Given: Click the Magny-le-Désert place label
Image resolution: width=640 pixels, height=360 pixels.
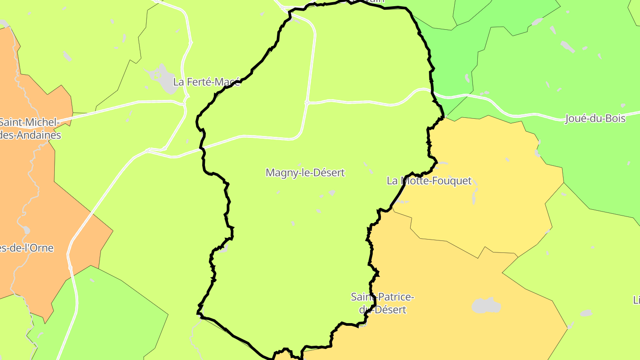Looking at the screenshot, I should tap(305, 172).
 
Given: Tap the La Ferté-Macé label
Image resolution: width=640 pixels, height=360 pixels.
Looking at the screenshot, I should tap(206, 82).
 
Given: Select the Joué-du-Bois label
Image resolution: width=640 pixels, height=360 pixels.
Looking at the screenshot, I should tap(595, 119).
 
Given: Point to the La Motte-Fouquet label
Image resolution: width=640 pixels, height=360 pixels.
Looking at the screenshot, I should tap(429, 181).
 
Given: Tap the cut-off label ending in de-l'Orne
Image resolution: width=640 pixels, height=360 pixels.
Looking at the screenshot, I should tap(27, 248).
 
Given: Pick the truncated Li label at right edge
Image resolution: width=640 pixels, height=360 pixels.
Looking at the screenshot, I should tap(636, 300).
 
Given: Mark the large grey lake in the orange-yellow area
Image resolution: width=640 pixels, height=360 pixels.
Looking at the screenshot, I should tap(486, 306).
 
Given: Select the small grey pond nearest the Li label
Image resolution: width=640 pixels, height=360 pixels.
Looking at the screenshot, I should tap(586, 313).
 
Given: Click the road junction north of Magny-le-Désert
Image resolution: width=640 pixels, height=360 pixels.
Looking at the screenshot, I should tap(307, 103).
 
